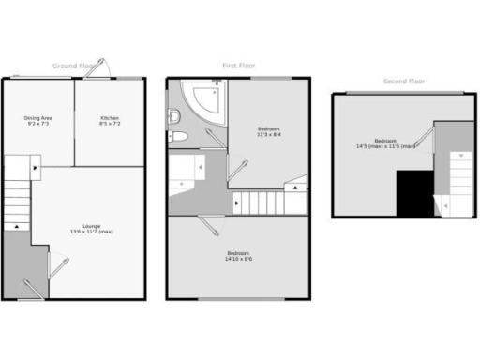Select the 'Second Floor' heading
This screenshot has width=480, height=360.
tap(403, 82)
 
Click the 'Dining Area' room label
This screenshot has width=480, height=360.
tap(38, 117)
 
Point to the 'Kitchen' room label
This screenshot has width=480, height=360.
tap(111, 117)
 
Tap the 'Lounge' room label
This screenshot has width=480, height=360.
tap(91, 226)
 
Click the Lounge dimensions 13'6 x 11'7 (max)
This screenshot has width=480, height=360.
tap(91, 232)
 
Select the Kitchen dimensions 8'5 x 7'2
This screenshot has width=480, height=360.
tap(111, 123)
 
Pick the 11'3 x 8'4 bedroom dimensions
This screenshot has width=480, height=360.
tap(269, 134)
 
